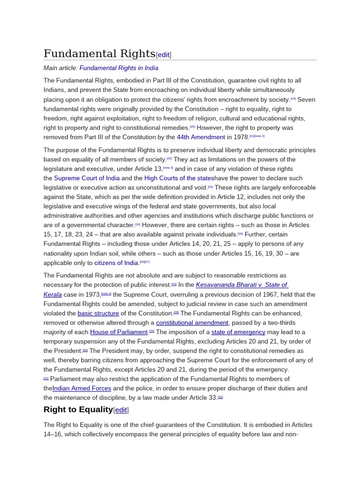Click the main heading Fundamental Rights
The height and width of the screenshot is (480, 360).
(x=99, y=53)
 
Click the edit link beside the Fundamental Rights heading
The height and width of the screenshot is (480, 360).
(x=164, y=55)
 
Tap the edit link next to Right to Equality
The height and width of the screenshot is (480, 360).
(x=121, y=410)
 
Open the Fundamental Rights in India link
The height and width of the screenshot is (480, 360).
(x=119, y=68)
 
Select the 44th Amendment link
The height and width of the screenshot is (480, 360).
(x=201, y=137)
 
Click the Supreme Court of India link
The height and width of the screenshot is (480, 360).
(x=87, y=178)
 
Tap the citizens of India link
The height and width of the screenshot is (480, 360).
(x=116, y=263)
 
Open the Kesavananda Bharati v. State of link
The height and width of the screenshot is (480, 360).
(x=242, y=285)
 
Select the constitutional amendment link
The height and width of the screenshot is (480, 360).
(x=192, y=322)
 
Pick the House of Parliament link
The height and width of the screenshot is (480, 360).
(x=119, y=332)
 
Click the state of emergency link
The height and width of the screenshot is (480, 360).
(x=238, y=332)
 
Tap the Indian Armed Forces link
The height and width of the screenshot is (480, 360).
(x=82, y=389)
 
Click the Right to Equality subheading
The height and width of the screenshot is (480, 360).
(x=78, y=409)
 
